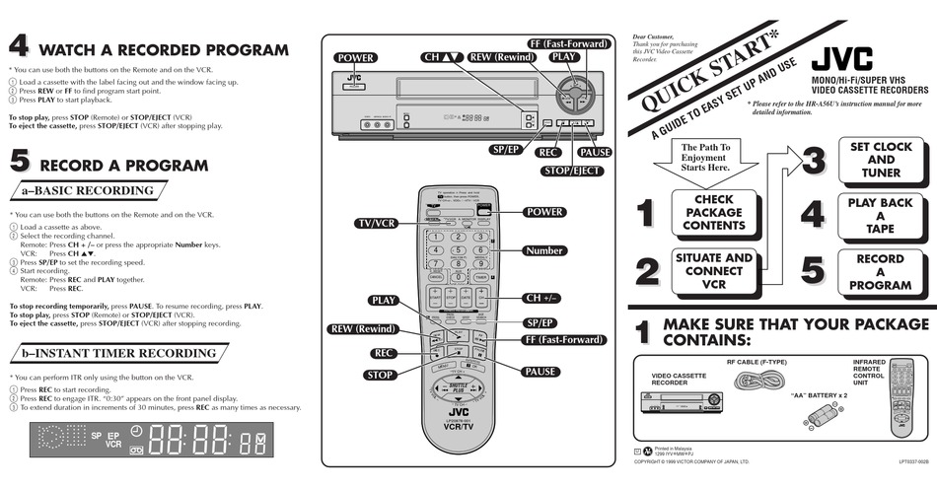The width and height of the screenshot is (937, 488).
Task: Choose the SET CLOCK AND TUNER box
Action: pos(881,160)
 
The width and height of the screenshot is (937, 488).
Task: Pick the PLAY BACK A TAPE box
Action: pos(881,216)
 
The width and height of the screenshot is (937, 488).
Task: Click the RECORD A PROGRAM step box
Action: pos(881,272)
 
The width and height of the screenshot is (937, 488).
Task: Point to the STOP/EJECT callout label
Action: pos(572,171)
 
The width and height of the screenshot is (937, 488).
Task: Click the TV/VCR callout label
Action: pos(376,224)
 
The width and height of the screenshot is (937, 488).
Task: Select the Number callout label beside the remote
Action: pos(544,251)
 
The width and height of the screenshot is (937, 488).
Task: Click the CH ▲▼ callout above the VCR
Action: pos(442,57)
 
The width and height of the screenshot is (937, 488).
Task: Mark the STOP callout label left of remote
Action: pos(380,376)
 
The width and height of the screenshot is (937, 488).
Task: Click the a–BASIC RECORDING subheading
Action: pos(89,190)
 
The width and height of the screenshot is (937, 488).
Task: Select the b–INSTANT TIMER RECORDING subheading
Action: pos(118,353)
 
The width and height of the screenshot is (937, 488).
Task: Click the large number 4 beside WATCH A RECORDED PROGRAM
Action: pos(19,46)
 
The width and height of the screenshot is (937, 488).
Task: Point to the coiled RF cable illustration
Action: pos(757,381)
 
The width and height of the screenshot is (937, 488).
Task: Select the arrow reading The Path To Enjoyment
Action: pos(705,159)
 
